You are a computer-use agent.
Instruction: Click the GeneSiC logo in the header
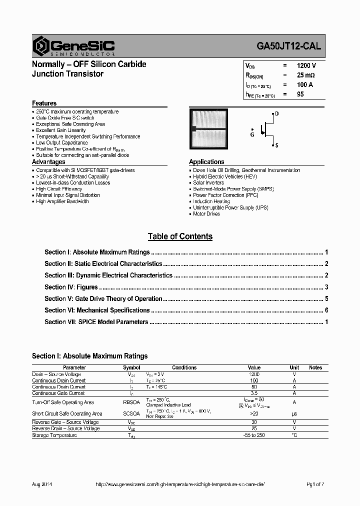coord(73,46)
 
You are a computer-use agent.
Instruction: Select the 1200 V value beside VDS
coord(305,66)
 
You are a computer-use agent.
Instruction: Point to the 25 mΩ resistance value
coord(305,75)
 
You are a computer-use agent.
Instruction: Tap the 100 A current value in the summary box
coord(304,85)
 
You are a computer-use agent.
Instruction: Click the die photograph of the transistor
coord(210,129)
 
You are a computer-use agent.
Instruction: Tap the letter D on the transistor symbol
coord(276,114)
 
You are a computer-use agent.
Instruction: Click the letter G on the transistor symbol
coord(252,134)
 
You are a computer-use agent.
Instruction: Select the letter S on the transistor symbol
coord(276,145)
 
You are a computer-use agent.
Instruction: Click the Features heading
coord(44,103)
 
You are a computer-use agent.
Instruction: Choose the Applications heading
coord(206,162)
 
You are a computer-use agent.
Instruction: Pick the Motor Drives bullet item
coord(206,214)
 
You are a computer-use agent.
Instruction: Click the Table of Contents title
coord(180,236)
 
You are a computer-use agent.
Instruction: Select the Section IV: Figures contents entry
coord(71,287)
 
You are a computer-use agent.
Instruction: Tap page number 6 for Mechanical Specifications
coord(326,310)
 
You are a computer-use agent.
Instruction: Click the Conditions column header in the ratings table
coord(184,367)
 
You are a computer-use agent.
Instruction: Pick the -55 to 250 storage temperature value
coord(254,435)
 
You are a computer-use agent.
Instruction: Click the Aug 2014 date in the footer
coord(42,484)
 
